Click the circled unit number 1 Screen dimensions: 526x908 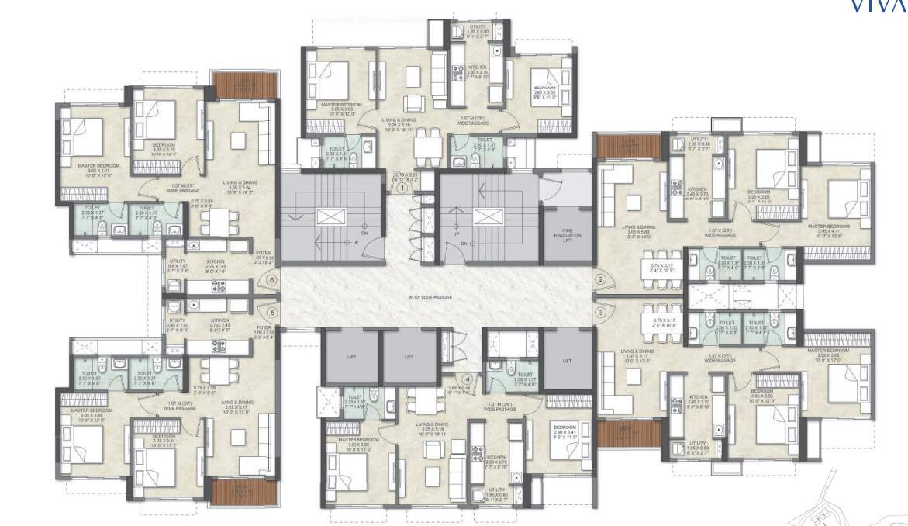click(402, 187)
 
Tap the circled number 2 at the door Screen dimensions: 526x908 click(599, 279)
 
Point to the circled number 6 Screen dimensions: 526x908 click(271, 280)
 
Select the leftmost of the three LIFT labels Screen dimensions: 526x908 click(351, 358)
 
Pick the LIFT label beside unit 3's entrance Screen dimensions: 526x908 click(568, 361)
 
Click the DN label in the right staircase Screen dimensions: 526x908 click(463, 244)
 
